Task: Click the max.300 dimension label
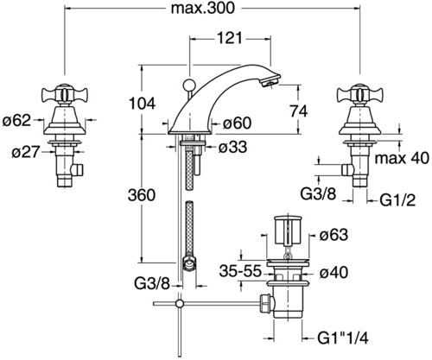point(203,8)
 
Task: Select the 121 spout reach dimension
point(229,38)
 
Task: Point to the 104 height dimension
point(142,103)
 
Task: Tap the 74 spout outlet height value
point(299,111)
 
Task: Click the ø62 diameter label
point(16,120)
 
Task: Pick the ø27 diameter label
point(25,152)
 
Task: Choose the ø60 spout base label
point(238,123)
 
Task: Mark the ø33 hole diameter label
point(232,147)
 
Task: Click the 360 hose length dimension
point(142,195)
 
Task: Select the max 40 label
point(402,158)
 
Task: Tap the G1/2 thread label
point(397,200)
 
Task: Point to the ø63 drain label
point(334,235)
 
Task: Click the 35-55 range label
point(240,271)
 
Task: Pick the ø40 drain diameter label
point(334,272)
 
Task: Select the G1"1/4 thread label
point(343,338)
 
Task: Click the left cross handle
point(65,93)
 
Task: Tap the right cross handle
point(360,93)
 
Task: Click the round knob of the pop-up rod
point(188,84)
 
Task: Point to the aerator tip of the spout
point(270,81)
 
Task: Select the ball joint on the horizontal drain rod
point(180,303)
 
